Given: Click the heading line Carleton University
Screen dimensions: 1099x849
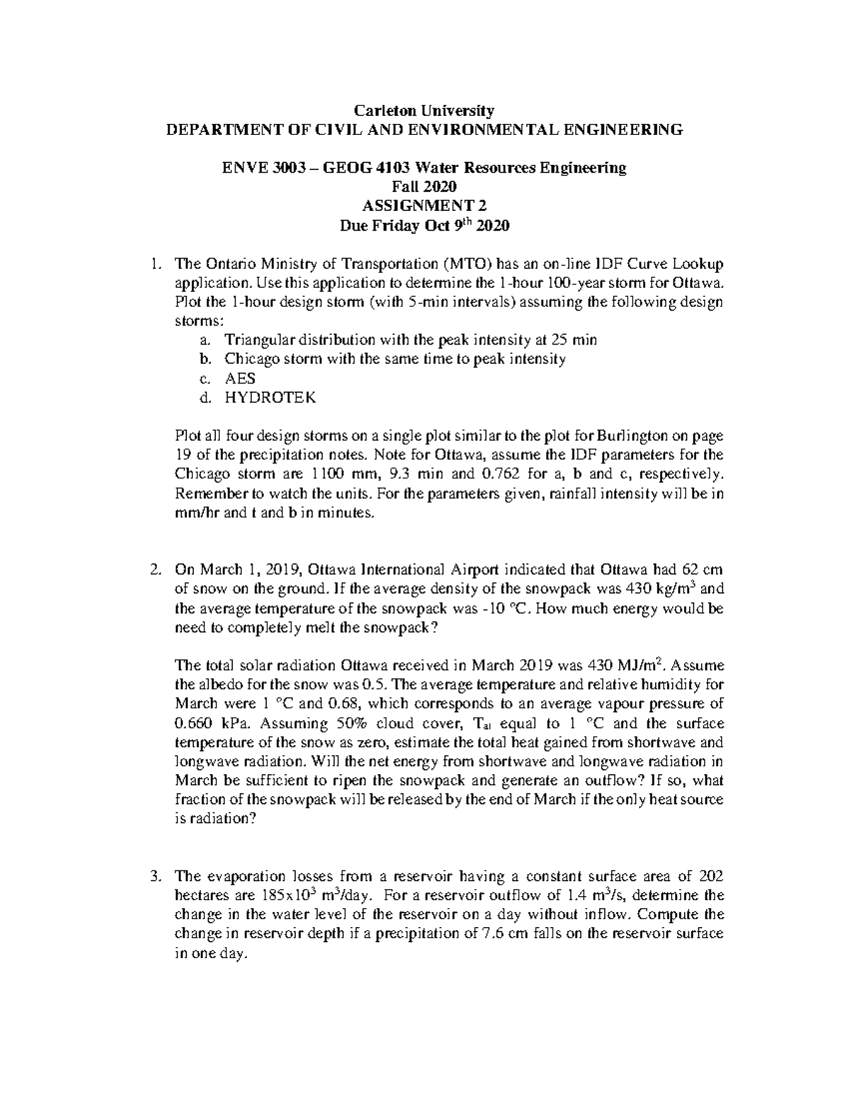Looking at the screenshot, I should point(424,110).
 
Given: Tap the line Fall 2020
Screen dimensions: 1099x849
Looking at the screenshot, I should point(424,188).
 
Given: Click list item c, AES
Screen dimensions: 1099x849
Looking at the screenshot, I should point(240,379).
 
